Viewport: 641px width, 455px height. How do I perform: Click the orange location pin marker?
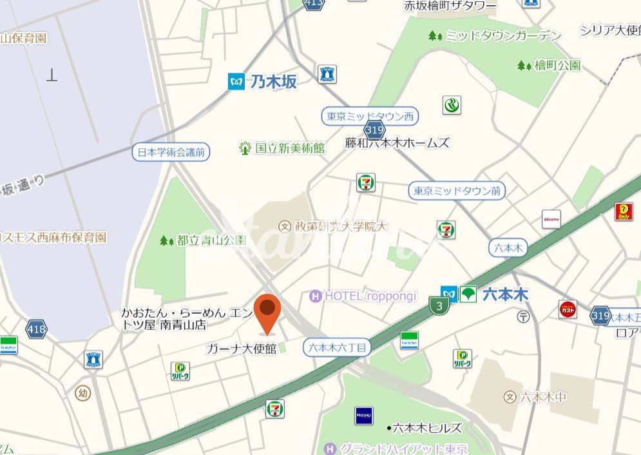(x=267, y=313)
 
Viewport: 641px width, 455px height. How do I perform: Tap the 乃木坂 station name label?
(x=273, y=82)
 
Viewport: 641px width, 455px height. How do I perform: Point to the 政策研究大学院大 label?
(x=341, y=226)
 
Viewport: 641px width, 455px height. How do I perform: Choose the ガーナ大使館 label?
(x=241, y=349)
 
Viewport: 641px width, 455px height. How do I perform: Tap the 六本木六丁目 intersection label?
(x=338, y=347)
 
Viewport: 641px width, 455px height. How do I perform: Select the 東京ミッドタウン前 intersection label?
(x=457, y=191)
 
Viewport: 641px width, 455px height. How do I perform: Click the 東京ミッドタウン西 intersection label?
(x=370, y=117)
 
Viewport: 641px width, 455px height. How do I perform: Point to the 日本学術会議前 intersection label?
(x=171, y=152)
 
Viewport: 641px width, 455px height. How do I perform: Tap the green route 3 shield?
(x=439, y=307)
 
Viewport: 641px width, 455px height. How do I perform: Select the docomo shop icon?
(x=551, y=219)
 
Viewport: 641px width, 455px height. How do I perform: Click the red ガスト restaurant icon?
(x=568, y=309)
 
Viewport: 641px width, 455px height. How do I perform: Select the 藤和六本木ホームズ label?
(x=397, y=143)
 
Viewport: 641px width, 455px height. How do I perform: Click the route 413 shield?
(x=313, y=3)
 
